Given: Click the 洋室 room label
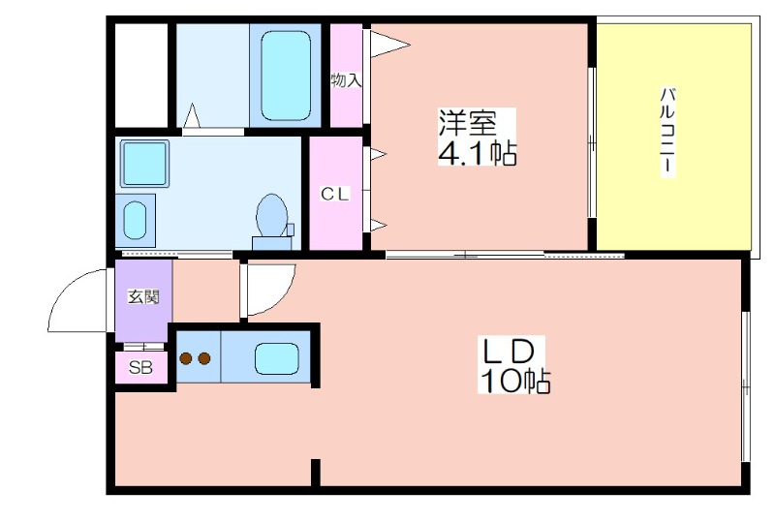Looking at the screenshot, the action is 468,123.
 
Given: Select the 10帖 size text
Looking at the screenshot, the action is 515,381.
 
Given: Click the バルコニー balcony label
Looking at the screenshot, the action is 667,131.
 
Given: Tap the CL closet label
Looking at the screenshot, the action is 335,194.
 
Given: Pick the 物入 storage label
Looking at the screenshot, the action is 346,80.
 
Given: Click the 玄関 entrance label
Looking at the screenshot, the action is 143,296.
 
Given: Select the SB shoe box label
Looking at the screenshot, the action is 140,367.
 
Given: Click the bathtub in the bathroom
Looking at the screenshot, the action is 286,76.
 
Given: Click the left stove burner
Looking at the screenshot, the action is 186,358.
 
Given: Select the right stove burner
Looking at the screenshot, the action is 204,358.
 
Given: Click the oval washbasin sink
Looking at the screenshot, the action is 135,220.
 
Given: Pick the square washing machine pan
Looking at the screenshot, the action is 144,163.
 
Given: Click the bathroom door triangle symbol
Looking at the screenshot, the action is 191,115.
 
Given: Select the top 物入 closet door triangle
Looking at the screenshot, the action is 389,45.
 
